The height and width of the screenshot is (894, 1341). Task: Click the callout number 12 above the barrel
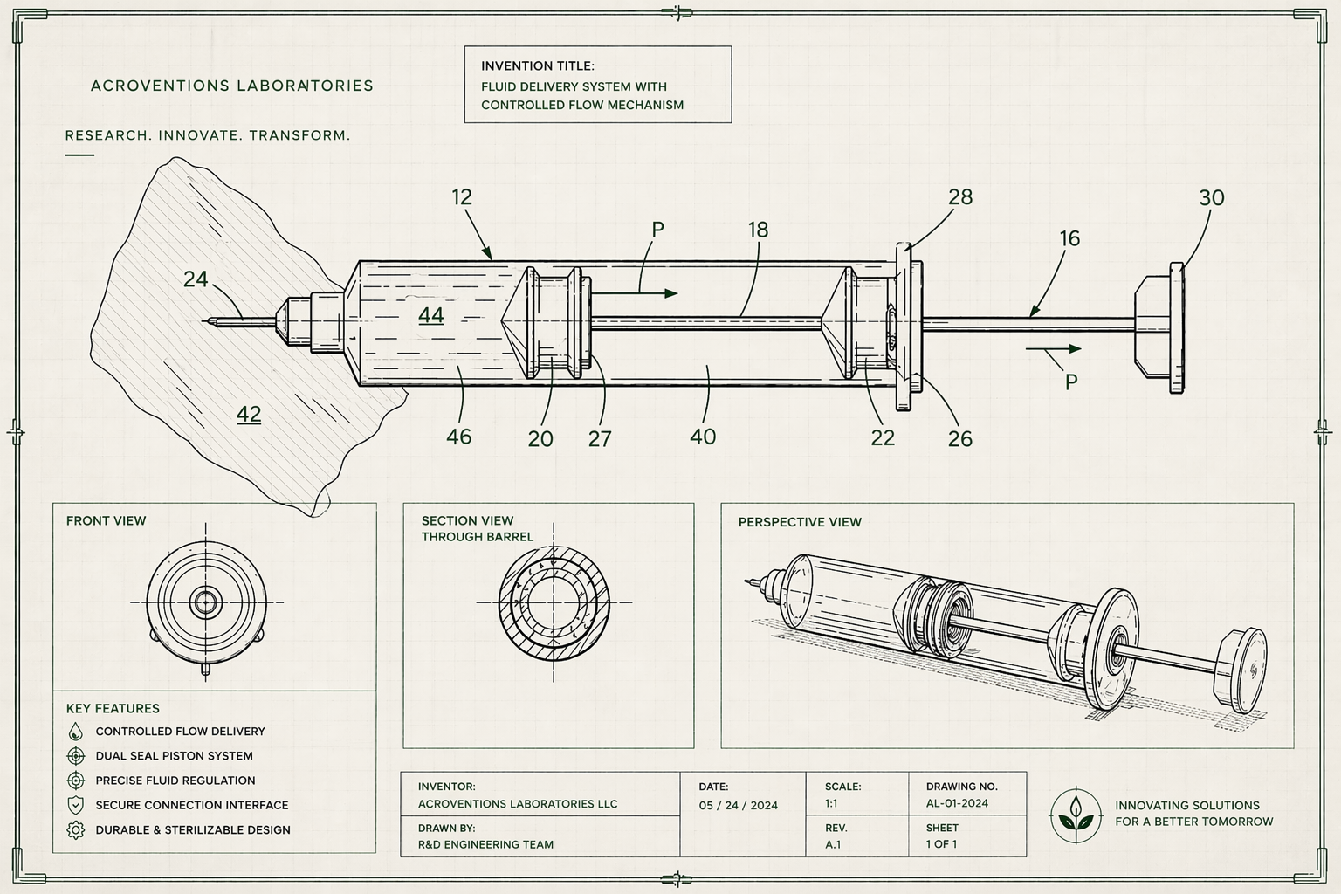pos(462,197)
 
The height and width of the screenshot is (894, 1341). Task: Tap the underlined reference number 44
pos(430,315)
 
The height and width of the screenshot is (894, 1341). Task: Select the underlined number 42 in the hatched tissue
pos(249,414)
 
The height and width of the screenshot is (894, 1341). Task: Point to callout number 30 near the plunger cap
pos(1212,198)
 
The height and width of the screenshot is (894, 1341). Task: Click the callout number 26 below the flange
pos(959,438)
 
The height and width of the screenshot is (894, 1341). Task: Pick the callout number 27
pos(600,438)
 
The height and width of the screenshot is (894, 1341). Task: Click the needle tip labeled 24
pos(208,321)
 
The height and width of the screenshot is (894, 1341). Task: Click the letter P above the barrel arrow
pos(658,230)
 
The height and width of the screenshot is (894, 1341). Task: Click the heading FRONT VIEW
pos(107,521)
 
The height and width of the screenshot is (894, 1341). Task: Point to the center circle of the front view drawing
pos(206,602)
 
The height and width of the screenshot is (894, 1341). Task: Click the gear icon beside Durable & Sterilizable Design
pos(76,830)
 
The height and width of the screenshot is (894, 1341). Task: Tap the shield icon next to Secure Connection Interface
pos(76,805)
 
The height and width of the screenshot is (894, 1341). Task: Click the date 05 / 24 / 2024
pos(738,805)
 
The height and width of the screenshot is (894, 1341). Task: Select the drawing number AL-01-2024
pos(957,803)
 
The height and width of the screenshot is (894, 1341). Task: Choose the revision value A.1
pos(833,844)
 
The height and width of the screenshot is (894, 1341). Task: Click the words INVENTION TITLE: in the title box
pos(538,66)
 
